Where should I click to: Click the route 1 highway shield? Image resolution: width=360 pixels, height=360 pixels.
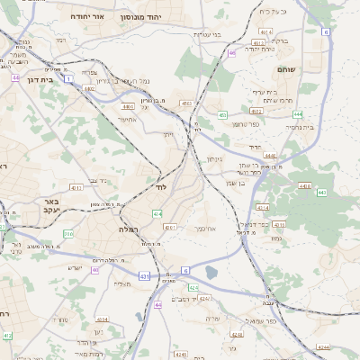(68, 79)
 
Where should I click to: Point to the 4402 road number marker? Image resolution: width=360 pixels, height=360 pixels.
(89, 89)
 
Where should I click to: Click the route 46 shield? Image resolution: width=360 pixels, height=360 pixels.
(231, 54)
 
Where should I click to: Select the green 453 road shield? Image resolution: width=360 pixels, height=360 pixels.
(222, 115)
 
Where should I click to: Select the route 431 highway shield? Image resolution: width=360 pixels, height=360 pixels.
(144, 276)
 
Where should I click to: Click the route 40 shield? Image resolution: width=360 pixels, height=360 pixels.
(95, 269)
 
